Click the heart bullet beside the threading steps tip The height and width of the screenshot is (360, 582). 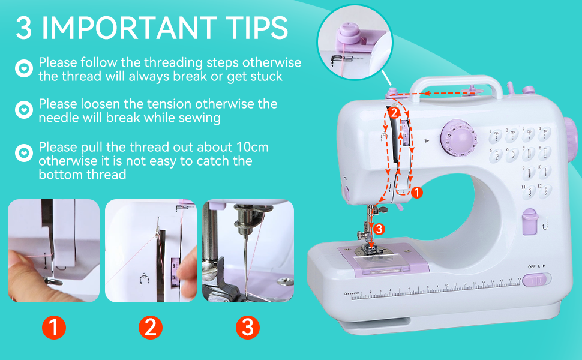click(23, 68)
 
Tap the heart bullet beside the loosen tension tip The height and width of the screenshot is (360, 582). click(23, 110)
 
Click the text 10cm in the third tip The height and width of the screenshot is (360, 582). click(248, 147)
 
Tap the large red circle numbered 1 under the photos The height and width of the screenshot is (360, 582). click(53, 327)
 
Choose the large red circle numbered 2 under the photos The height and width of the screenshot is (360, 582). click(150, 327)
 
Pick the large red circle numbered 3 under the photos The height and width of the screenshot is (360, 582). click(247, 327)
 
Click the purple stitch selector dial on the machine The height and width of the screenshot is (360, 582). click(457, 137)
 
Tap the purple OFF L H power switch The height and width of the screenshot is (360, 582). click(536, 280)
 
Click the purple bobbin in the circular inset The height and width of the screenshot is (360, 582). click(348, 33)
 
